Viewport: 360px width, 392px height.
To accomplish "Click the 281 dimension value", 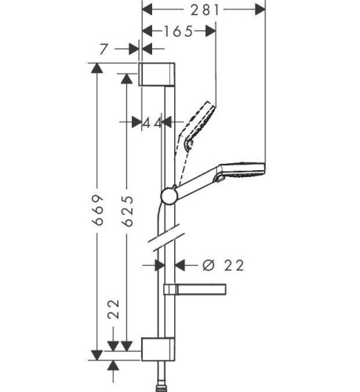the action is (x=205, y=10).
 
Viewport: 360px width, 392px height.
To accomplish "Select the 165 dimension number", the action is (x=178, y=31).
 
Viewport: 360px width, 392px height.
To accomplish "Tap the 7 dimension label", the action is (x=104, y=49).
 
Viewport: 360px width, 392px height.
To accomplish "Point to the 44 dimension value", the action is (x=153, y=123).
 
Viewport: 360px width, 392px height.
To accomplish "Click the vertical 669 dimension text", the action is (x=98, y=209).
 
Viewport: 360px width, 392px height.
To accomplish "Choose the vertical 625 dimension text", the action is (x=128, y=211).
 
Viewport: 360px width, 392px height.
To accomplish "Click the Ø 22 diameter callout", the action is (x=223, y=266).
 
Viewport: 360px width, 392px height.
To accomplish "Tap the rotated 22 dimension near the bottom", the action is (x=114, y=309).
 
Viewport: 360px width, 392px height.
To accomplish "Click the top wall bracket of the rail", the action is (x=156, y=74).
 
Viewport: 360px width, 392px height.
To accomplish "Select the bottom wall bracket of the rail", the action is (x=158, y=349).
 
